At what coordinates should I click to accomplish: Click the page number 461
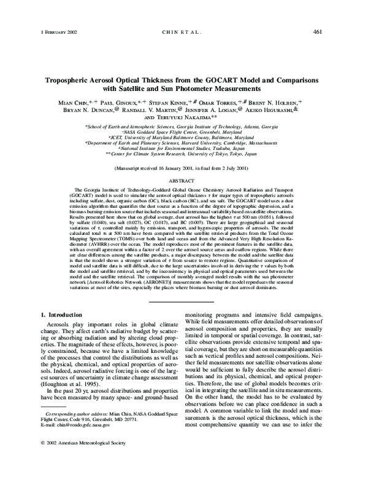tap(318, 31)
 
